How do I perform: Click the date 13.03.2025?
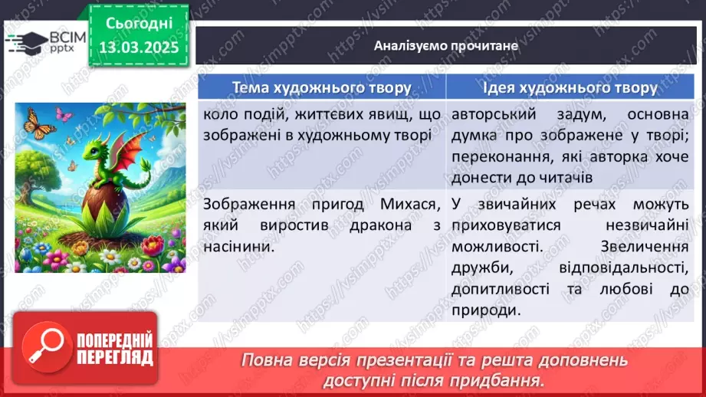(x=138, y=47)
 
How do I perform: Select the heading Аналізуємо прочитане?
(x=446, y=46)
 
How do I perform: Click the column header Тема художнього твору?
(x=320, y=87)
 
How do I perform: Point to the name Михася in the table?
(x=413, y=205)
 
